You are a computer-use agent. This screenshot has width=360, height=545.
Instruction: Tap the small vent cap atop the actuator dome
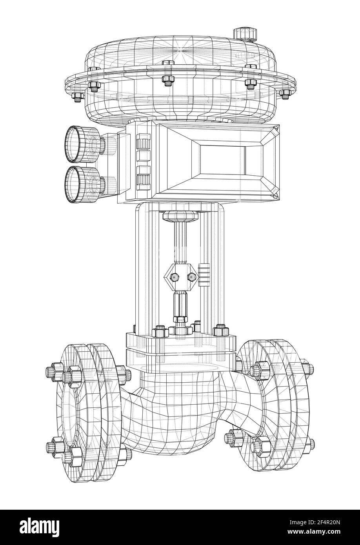[x=245, y=33]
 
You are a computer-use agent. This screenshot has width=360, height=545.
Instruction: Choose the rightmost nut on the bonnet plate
[x=220, y=330]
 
